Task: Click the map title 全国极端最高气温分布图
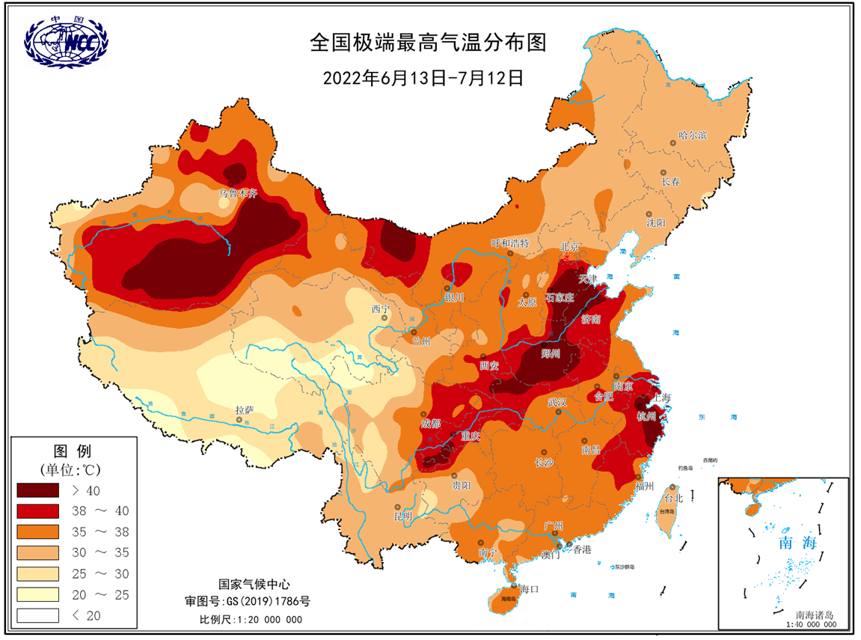coord(429,43)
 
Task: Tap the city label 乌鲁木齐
coord(238,193)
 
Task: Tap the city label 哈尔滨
coord(692,135)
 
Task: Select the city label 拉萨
coord(245,410)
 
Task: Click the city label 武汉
coord(557,403)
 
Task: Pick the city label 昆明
coord(404,517)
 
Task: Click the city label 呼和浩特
coord(509,243)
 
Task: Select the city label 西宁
coord(381,308)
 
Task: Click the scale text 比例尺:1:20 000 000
coord(251,620)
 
